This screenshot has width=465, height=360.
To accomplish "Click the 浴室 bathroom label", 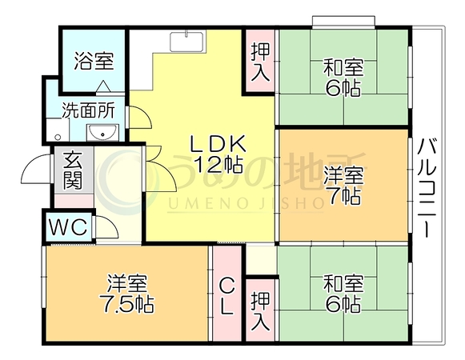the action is (94, 61).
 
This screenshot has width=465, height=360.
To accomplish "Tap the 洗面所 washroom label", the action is (88, 110).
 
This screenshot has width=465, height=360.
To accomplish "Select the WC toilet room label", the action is (69, 227).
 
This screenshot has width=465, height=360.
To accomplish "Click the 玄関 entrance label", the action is (73, 170).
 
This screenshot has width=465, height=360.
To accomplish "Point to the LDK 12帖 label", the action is (218, 154).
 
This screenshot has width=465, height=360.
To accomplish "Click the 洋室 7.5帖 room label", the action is (127, 294).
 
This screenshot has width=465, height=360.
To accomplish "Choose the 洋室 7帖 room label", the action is (343, 186).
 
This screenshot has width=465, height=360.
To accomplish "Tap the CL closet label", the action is (226, 298).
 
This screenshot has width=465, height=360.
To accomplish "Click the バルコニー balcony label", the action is (426, 188).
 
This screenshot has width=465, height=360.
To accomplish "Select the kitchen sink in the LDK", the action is (187, 42).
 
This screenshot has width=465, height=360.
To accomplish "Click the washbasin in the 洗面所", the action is (102, 133).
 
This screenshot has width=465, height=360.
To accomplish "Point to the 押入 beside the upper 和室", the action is (260, 62).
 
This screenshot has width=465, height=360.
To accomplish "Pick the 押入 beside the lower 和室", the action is (260, 311).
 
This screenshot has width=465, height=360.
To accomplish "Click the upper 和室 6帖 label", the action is (343, 78).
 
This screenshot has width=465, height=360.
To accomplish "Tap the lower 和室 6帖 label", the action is (343, 294).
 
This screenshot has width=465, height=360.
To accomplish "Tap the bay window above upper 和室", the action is (343, 22).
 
